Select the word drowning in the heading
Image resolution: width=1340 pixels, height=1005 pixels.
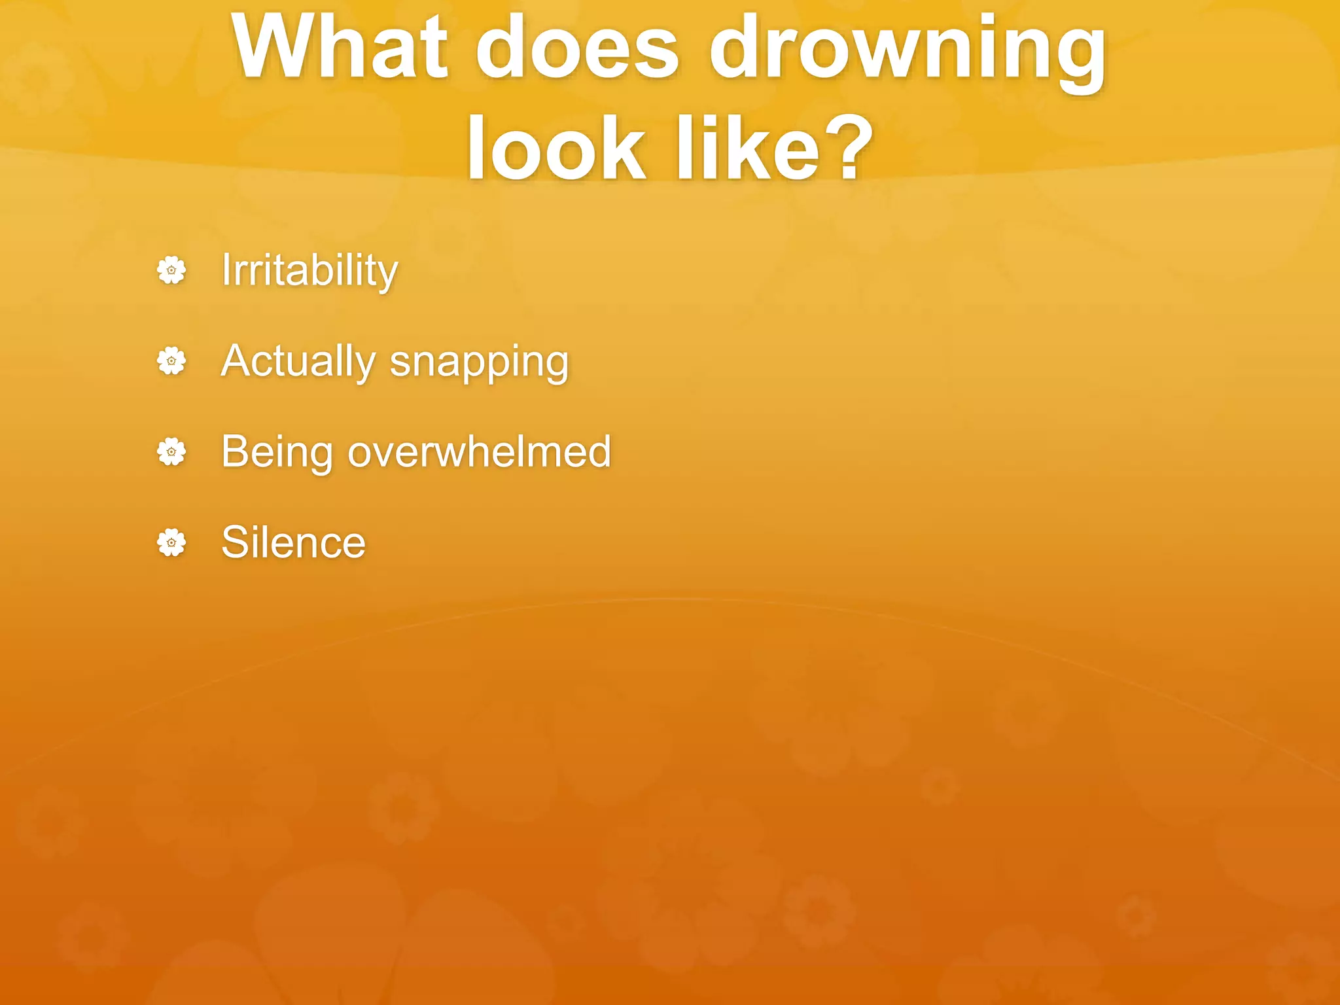tap(908, 52)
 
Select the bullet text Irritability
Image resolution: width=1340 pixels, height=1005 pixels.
tap(309, 270)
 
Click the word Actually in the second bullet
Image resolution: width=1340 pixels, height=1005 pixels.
tap(298, 361)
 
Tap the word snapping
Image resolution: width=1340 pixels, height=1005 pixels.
tap(479, 364)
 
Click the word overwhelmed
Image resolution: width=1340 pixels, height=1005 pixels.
tap(479, 451)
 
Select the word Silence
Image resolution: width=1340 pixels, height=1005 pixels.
tap(293, 542)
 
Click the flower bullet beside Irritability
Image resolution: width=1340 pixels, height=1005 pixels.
tap(171, 270)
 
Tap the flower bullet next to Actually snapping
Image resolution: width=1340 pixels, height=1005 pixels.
tap(171, 361)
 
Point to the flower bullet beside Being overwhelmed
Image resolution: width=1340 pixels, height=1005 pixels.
tap(171, 452)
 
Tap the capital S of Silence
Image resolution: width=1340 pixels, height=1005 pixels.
tap(235, 542)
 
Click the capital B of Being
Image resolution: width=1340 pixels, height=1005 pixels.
tap(235, 451)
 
